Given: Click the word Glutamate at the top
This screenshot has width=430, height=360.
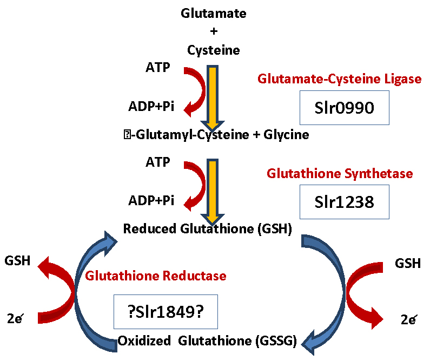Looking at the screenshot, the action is click(x=213, y=13).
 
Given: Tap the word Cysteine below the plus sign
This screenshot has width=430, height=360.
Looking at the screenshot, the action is click(x=213, y=50).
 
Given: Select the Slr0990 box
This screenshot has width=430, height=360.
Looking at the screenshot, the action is click(x=344, y=108).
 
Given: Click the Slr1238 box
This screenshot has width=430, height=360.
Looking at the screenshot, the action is click(x=344, y=202).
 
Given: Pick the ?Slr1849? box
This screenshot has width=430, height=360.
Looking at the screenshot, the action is click(x=166, y=312).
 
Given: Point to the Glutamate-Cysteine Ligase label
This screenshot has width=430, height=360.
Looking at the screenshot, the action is click(x=340, y=79).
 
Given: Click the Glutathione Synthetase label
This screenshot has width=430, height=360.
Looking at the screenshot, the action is click(x=340, y=174).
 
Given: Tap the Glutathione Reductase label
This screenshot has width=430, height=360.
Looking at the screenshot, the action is click(x=155, y=276).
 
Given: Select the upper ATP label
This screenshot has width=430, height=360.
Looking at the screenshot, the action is click(x=158, y=67).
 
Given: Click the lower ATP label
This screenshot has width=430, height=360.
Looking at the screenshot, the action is click(x=158, y=162).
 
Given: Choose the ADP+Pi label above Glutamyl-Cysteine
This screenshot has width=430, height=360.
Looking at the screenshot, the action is click(x=151, y=106).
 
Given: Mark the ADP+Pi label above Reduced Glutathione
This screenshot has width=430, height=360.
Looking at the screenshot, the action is click(x=151, y=201).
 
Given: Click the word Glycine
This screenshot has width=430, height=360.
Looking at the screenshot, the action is click(x=286, y=135).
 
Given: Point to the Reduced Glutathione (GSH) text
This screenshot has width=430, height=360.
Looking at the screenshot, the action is click(x=208, y=228).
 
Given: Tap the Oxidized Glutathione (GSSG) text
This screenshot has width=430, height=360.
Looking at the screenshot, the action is click(x=207, y=341).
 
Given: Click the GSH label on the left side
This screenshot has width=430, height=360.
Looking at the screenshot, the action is click(x=17, y=261).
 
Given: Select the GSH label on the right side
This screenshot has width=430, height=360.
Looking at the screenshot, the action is click(x=408, y=264).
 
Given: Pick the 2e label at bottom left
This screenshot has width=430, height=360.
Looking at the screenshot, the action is click(x=15, y=318).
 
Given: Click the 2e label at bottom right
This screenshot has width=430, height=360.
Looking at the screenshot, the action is click(x=409, y=319).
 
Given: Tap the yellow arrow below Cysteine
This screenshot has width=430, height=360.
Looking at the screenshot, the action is click(x=213, y=97).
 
